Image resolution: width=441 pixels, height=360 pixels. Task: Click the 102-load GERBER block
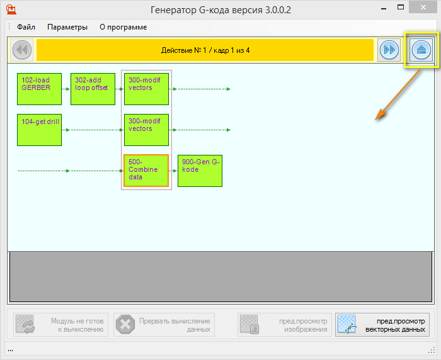(39, 89)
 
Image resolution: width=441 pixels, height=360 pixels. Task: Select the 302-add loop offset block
(93, 89)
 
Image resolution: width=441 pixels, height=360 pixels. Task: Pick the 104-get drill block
(39, 130)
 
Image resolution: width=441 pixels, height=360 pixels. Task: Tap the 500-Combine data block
(146, 171)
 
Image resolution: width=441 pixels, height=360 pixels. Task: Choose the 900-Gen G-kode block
(200, 171)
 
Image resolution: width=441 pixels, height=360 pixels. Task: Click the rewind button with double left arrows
(22, 50)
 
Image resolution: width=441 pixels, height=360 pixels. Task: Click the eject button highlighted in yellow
(421, 50)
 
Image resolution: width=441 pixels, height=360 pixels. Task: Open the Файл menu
(26, 27)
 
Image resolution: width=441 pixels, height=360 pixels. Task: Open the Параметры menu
(67, 27)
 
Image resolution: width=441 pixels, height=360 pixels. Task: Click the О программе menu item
(123, 27)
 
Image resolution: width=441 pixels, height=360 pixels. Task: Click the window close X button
(423, 8)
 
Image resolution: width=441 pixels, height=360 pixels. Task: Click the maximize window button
(401, 8)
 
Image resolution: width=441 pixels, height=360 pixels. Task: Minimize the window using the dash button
(383, 9)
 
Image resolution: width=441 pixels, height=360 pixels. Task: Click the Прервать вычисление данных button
(164, 325)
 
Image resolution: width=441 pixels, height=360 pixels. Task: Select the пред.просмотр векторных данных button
(382, 325)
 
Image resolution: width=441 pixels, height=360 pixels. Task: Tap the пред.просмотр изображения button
(285, 325)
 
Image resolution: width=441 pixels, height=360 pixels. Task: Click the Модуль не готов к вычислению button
(60, 325)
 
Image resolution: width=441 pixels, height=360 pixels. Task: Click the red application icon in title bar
(11, 9)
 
